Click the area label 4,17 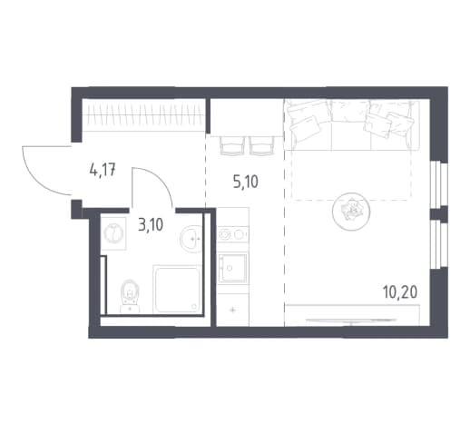(x=103, y=171)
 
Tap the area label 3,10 (x=151, y=225)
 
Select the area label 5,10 (x=246, y=182)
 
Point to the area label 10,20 (x=400, y=292)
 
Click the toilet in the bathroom (x=130, y=296)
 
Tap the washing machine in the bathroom (x=113, y=233)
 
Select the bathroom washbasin (x=191, y=239)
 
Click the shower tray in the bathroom (x=177, y=290)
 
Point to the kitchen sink (x=232, y=268)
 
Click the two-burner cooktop (x=232, y=234)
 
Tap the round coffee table (x=351, y=212)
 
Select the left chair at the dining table (x=232, y=146)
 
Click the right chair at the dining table (x=262, y=146)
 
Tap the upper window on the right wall (x=438, y=183)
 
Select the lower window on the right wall (x=438, y=244)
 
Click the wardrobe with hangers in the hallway (x=144, y=115)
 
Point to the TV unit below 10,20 (x=352, y=316)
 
